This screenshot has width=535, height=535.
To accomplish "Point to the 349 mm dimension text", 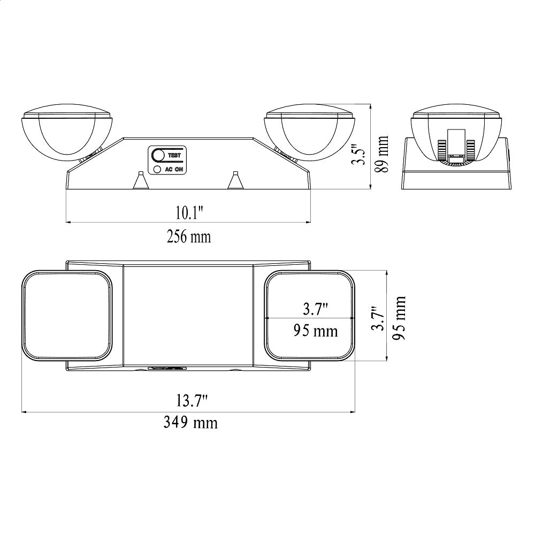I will (190, 423).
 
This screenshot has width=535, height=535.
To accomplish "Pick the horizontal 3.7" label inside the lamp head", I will (315, 309).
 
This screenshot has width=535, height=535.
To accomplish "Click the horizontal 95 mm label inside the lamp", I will (316, 331).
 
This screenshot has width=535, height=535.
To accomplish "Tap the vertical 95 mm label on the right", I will (399, 318).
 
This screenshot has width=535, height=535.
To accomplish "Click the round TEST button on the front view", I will (158, 155).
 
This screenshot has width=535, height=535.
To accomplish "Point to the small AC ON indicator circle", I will (157, 170).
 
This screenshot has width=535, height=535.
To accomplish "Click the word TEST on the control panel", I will (174, 156).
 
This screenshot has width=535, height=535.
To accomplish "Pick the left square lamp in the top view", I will (67, 316).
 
